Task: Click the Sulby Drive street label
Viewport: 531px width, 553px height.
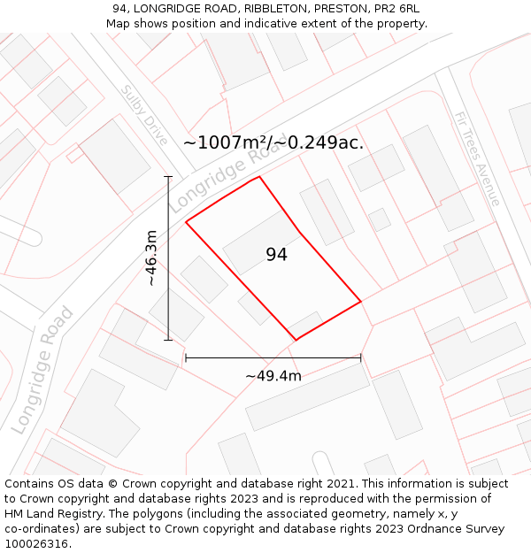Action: (144, 116)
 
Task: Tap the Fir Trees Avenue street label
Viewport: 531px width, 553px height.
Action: (476, 158)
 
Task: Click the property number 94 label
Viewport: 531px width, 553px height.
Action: (276, 255)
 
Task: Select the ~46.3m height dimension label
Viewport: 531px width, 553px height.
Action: (151, 257)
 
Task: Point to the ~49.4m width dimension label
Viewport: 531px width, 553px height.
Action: (273, 376)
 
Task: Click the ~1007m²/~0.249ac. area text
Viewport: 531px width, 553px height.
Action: (273, 142)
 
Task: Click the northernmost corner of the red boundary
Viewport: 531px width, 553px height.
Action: (259, 177)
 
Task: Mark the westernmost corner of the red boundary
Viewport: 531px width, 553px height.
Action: (186, 222)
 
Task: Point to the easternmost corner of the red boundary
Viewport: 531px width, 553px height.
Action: (361, 302)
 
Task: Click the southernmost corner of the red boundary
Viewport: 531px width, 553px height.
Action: (296, 339)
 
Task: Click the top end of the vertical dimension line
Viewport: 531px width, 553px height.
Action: (168, 177)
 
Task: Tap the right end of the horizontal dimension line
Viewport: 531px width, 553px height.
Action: (361, 358)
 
